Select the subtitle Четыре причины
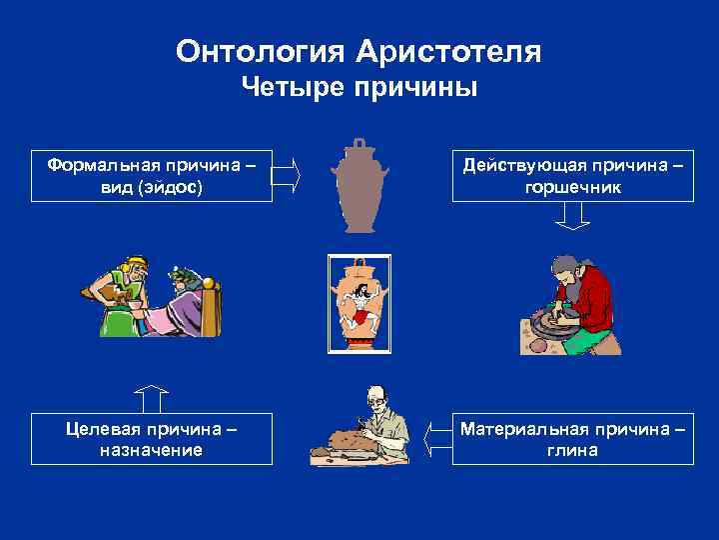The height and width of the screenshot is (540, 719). coord(360,89)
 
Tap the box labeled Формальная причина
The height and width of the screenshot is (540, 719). coord(152,175)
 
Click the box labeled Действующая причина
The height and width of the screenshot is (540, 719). coord(572,175)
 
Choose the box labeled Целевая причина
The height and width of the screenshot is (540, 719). coord(152,439)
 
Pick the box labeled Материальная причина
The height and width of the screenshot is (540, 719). coord(572,439)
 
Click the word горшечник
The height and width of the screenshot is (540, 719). coord(572,187)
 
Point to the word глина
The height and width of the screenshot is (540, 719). coord(572,451)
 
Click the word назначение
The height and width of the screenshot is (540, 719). coord(152,451)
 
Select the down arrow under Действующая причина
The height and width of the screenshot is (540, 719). coord(572,216)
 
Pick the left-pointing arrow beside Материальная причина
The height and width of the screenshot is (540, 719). coord(436,439)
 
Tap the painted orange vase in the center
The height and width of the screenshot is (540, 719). coord(359,303)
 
